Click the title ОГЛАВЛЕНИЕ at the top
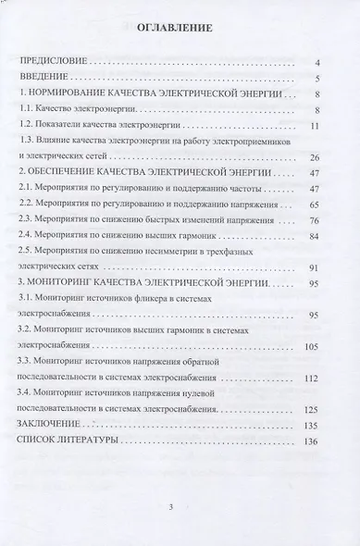[174, 28]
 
